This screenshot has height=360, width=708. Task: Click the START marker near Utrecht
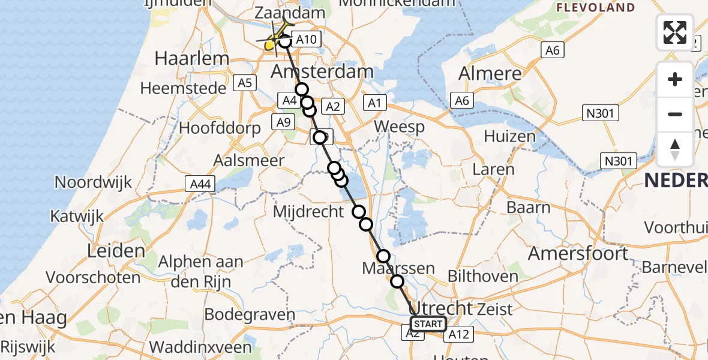click(x=428, y=325)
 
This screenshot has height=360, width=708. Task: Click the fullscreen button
click(x=675, y=32)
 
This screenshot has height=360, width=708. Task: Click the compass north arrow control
click(x=675, y=149)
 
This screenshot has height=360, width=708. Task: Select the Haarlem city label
click(x=184, y=59)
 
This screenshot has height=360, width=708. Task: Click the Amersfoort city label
click(x=578, y=253)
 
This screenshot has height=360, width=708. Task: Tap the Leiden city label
click(x=115, y=251)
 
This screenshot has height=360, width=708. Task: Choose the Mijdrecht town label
click(x=308, y=212)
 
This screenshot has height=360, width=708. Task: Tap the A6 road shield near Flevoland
click(x=552, y=50)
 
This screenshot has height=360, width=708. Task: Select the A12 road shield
click(x=458, y=335)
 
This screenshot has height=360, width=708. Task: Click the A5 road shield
click(x=244, y=83)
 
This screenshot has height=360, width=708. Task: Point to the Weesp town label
click(x=399, y=127)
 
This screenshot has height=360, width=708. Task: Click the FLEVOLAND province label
click(x=595, y=8)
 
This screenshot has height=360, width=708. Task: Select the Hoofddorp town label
click(x=220, y=128)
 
